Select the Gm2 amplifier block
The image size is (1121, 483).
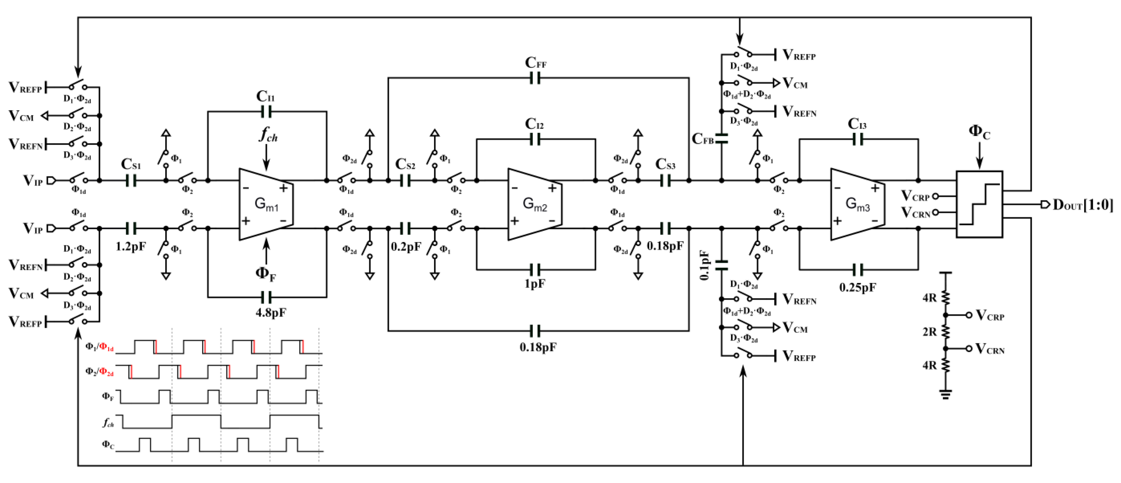pos(534,204)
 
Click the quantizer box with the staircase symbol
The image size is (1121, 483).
pos(979,204)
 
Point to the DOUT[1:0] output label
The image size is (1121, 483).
pos(1082,205)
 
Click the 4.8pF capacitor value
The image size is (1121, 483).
pos(271,312)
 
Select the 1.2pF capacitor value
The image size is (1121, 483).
pos(130,246)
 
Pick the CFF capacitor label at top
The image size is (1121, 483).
pos(535,63)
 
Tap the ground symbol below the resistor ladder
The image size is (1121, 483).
pos(945,394)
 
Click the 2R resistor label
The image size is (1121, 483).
pos(930,332)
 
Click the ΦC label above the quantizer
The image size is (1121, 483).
pos(979,132)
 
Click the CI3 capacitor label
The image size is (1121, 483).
pos(857,124)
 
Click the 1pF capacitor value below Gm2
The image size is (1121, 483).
pos(534,284)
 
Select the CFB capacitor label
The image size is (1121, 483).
pos(702,139)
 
